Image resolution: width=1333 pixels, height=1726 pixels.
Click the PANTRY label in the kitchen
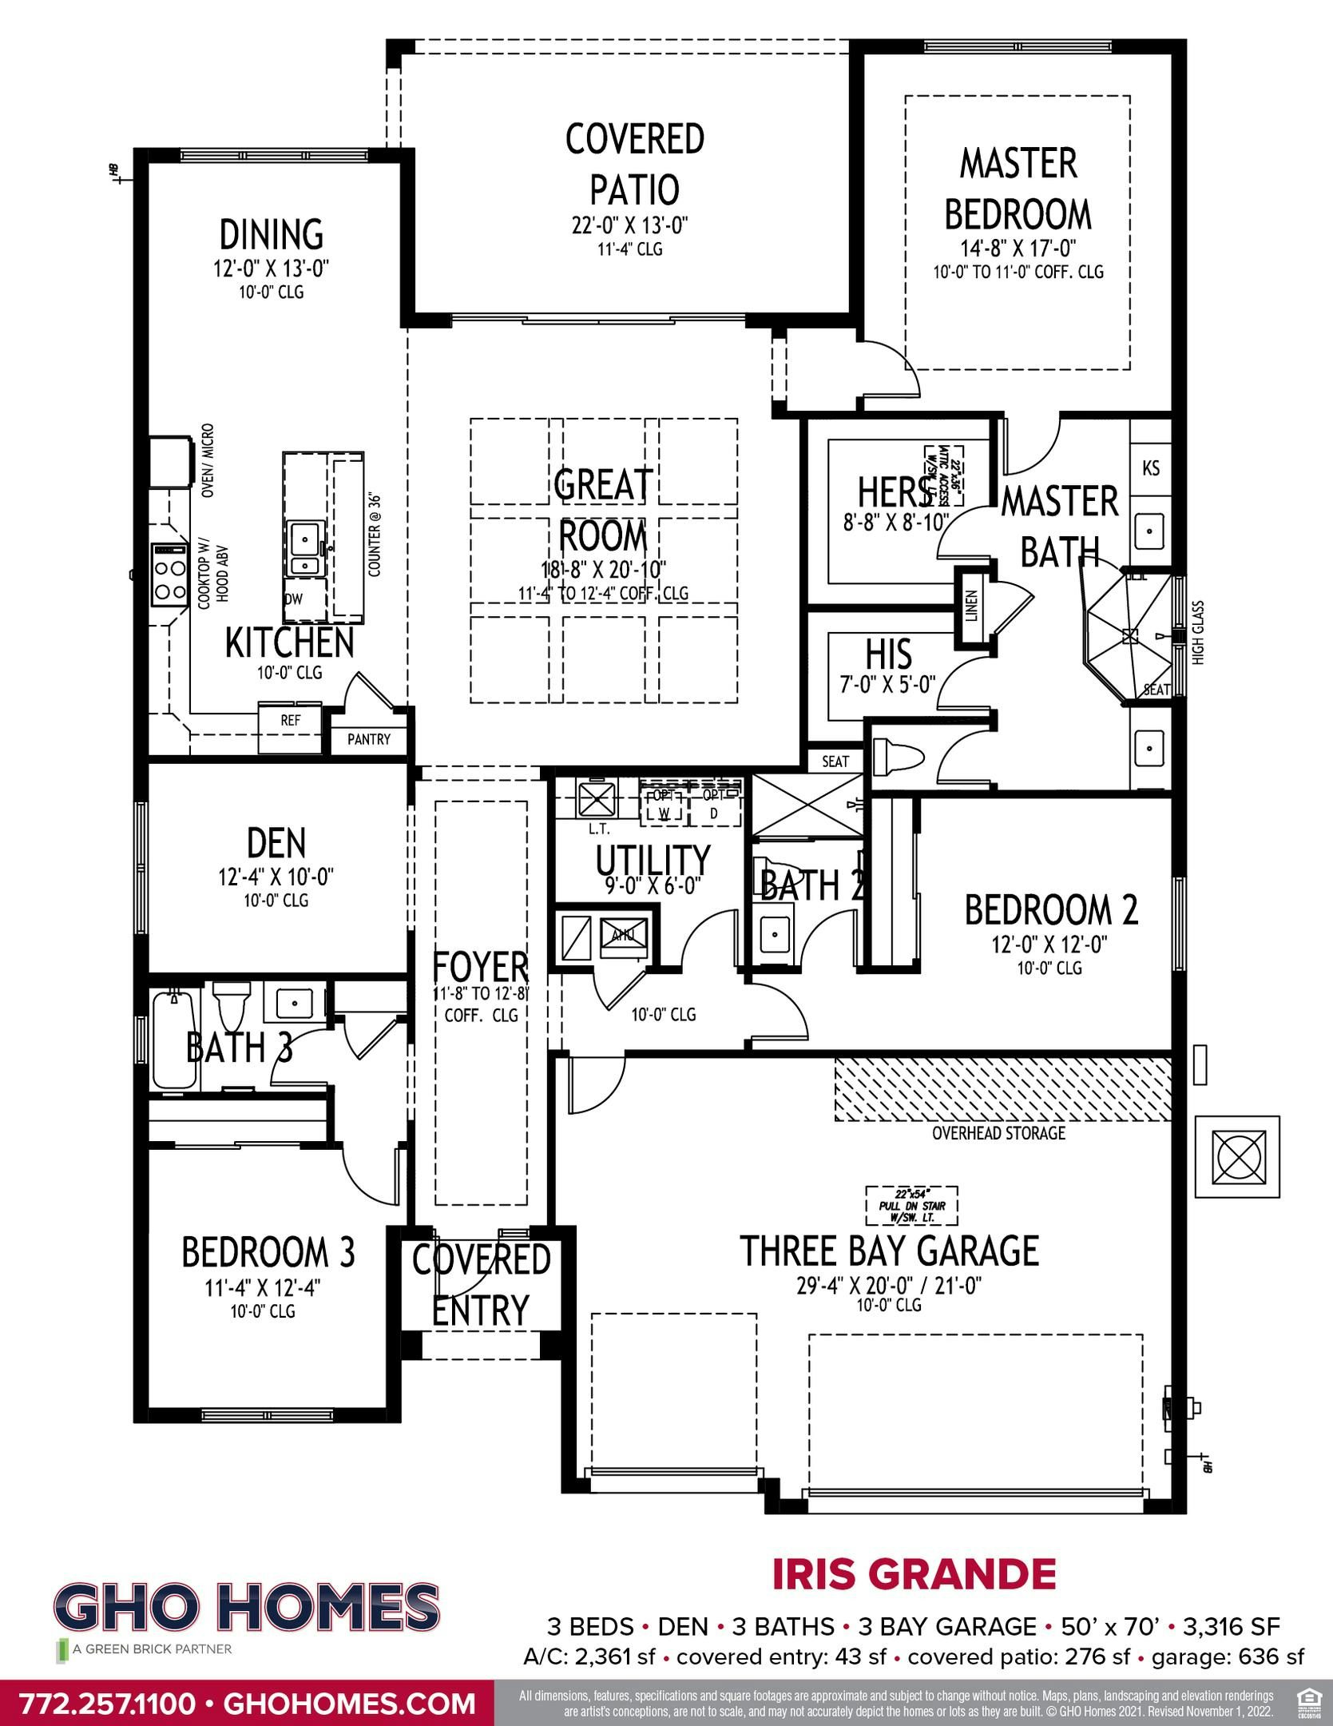pyautogui.click(x=369, y=739)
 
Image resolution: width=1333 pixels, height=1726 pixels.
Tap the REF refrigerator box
pyautogui.click(x=291, y=721)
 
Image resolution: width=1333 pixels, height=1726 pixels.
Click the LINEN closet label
pyautogui.click(x=971, y=607)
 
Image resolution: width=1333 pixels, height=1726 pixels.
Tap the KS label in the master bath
pyautogui.click(x=1151, y=467)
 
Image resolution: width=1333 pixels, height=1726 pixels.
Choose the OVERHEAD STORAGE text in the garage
pyautogui.click(x=998, y=1132)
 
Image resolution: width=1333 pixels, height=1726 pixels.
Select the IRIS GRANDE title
pyautogui.click(x=914, y=1573)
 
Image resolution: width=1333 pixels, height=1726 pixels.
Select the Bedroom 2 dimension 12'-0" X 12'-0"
pyautogui.click(x=1049, y=945)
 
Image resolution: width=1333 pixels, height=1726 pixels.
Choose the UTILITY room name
pyautogui.click(x=653, y=860)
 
